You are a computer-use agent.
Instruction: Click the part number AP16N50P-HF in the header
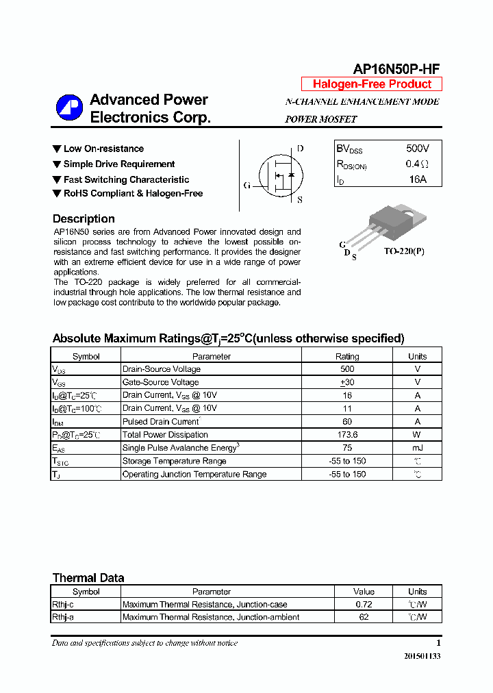396,68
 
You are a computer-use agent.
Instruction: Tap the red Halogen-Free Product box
372,84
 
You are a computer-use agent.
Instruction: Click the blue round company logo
69,108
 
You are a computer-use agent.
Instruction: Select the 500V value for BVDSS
417,149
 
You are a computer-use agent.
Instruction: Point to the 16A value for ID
417,179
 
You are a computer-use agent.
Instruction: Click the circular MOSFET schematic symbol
279,175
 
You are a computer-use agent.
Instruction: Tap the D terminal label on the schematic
300,149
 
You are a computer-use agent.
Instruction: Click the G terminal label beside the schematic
247,186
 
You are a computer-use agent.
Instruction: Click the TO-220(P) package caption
403,251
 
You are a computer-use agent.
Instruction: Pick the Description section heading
84,219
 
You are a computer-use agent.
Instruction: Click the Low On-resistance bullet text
103,149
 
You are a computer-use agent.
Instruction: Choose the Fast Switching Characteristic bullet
126,179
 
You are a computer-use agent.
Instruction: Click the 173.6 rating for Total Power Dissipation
347,435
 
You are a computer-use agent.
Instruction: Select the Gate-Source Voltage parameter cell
161,382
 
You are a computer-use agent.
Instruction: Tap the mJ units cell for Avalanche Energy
417,448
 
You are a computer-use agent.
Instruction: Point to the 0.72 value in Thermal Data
364,605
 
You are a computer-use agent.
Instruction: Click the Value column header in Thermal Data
364,592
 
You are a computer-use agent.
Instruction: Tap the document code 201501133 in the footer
422,656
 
